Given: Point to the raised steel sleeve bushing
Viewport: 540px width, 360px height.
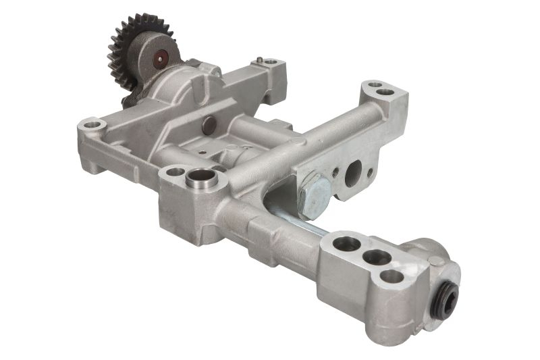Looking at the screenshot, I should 200,179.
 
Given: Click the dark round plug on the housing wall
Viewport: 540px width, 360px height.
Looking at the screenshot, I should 209,124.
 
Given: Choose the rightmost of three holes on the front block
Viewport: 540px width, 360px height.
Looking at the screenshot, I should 391,276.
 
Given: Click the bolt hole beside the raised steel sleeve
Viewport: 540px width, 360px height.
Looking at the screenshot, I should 175,172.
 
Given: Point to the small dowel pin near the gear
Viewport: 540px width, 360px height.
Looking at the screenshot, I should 259,61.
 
